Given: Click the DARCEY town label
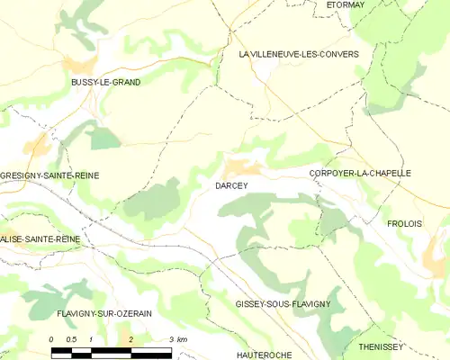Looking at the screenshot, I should pos(231,185).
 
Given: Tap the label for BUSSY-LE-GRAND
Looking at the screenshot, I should pos(105,82).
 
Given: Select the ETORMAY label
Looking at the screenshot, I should pos(345,4).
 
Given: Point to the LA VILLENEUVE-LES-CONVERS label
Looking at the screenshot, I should pos(298,54).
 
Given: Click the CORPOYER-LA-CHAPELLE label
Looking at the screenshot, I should pos(359,173).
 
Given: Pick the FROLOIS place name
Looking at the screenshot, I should pos(404,223).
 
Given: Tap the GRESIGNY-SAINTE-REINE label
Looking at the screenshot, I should pos(49,175).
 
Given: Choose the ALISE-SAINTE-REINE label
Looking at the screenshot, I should pos(40,239).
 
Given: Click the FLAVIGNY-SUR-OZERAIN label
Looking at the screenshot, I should pos(104,313).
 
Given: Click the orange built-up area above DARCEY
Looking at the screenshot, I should pos(242,166).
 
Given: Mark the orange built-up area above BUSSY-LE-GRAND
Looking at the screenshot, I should pos(79,65).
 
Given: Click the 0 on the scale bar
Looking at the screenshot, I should pos(51,339).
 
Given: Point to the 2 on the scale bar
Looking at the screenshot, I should pos(131,339).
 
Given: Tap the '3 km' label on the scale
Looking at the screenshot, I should pos(177,339).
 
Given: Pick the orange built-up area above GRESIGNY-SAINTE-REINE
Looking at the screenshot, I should pos(38,144).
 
